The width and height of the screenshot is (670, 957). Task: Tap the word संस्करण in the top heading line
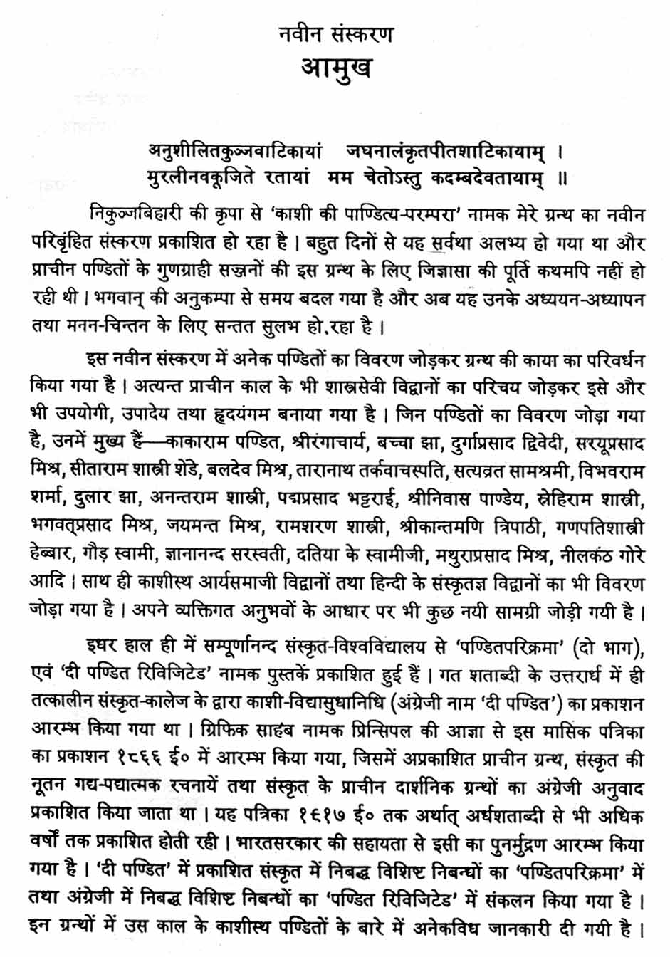(x=362, y=33)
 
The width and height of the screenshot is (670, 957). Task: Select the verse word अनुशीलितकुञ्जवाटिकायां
(x=235, y=151)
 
